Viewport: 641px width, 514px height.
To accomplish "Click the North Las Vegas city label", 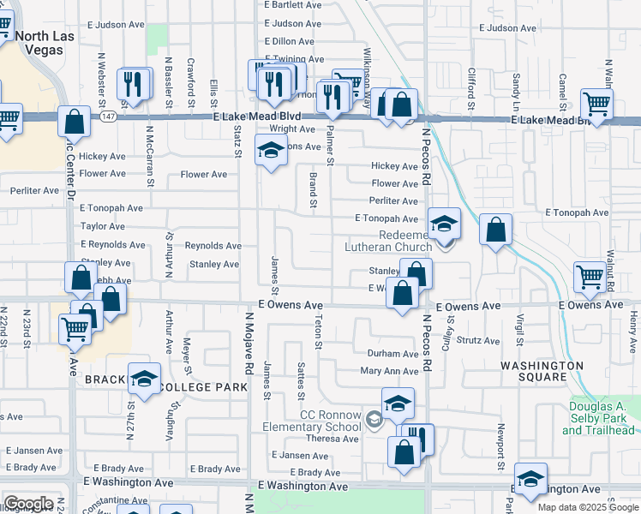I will (51, 42).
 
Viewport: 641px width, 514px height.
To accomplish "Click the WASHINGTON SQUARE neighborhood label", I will (542, 373).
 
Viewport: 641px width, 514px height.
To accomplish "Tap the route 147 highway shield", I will (105, 117).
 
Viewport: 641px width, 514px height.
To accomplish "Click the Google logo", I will (28, 504).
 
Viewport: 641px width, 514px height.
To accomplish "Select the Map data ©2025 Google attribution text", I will (588, 507).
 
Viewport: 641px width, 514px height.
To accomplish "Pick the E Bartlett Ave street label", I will (293, 4).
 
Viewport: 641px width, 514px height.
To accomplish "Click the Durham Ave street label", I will (392, 354).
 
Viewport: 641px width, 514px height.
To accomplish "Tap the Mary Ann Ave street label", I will (389, 371).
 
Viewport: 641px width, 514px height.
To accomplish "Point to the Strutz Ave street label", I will (478, 340).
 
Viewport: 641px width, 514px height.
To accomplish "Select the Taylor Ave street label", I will (103, 226).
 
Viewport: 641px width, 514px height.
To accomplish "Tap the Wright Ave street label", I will (293, 129).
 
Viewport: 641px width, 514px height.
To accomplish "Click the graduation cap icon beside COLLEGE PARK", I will (145, 378).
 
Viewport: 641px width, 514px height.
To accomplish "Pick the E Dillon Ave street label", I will (292, 41).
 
